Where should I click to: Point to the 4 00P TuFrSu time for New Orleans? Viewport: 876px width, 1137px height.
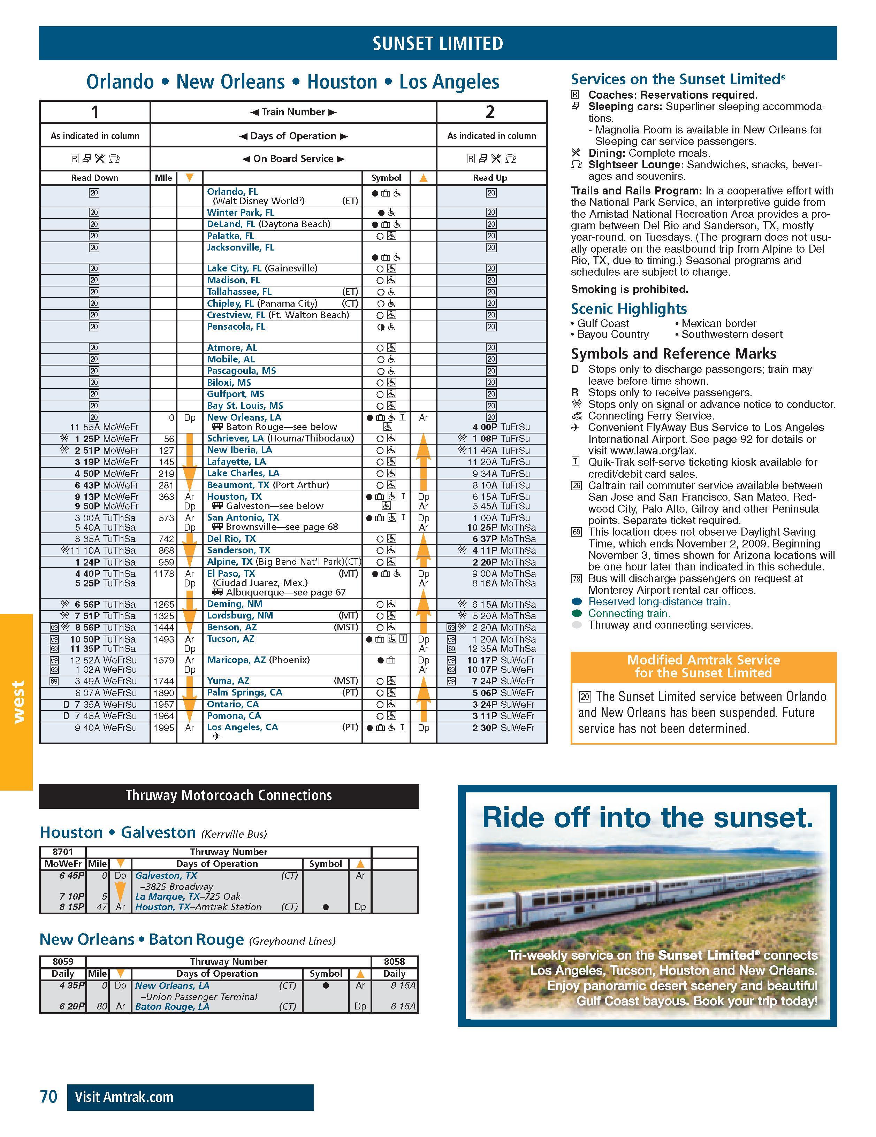[x=501, y=427]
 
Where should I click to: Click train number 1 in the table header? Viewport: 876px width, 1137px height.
[x=95, y=112]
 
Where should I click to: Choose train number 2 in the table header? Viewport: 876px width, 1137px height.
[x=490, y=112]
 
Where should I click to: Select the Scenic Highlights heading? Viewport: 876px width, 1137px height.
[x=629, y=309]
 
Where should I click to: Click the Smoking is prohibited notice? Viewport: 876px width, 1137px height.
[x=629, y=290]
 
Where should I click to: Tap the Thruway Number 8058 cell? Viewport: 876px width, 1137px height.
[x=394, y=962]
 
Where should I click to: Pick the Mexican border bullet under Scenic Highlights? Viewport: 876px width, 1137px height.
[x=718, y=323]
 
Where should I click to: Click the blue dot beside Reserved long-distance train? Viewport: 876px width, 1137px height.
[x=576, y=602]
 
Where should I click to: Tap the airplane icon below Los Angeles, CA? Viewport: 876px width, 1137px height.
[x=216, y=736]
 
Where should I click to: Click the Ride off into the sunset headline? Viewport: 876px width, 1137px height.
[x=647, y=818]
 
